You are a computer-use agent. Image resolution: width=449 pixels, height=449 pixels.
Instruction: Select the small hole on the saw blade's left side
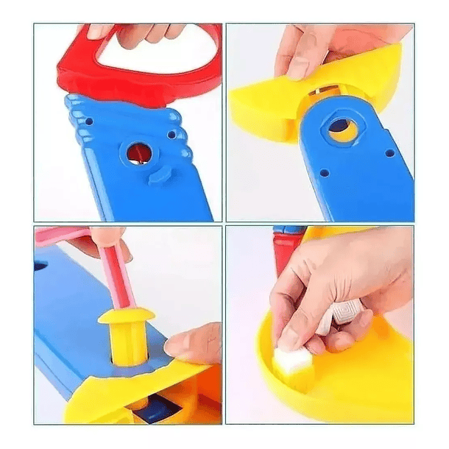tap(89, 121)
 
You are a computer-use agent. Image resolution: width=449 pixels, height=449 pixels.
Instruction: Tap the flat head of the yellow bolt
tap(126, 315)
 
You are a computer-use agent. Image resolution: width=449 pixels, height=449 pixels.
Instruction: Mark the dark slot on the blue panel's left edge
tap(40, 264)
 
